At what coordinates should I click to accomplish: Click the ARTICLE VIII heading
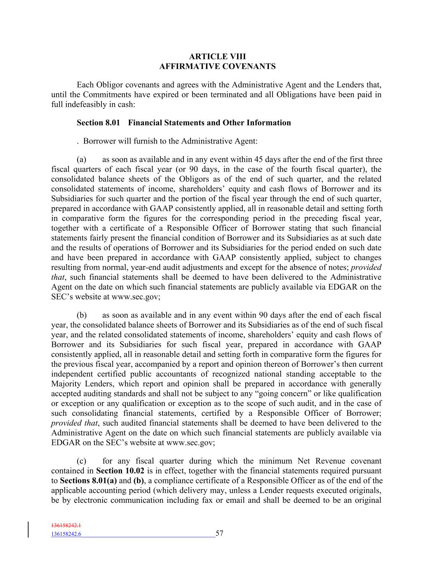pos(217,57)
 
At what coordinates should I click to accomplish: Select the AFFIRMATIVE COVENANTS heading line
pos(217,66)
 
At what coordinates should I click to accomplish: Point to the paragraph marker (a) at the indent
pos(81,160)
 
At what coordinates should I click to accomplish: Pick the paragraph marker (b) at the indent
pos(81,316)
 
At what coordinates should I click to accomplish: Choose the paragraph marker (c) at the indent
pos(81,462)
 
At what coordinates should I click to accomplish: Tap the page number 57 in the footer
pos(219,534)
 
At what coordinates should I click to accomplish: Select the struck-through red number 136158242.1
pos(66,526)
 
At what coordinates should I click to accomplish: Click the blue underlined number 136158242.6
pos(66,535)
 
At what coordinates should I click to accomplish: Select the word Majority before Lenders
pos(66,384)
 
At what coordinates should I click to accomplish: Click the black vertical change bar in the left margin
pos(28,530)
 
